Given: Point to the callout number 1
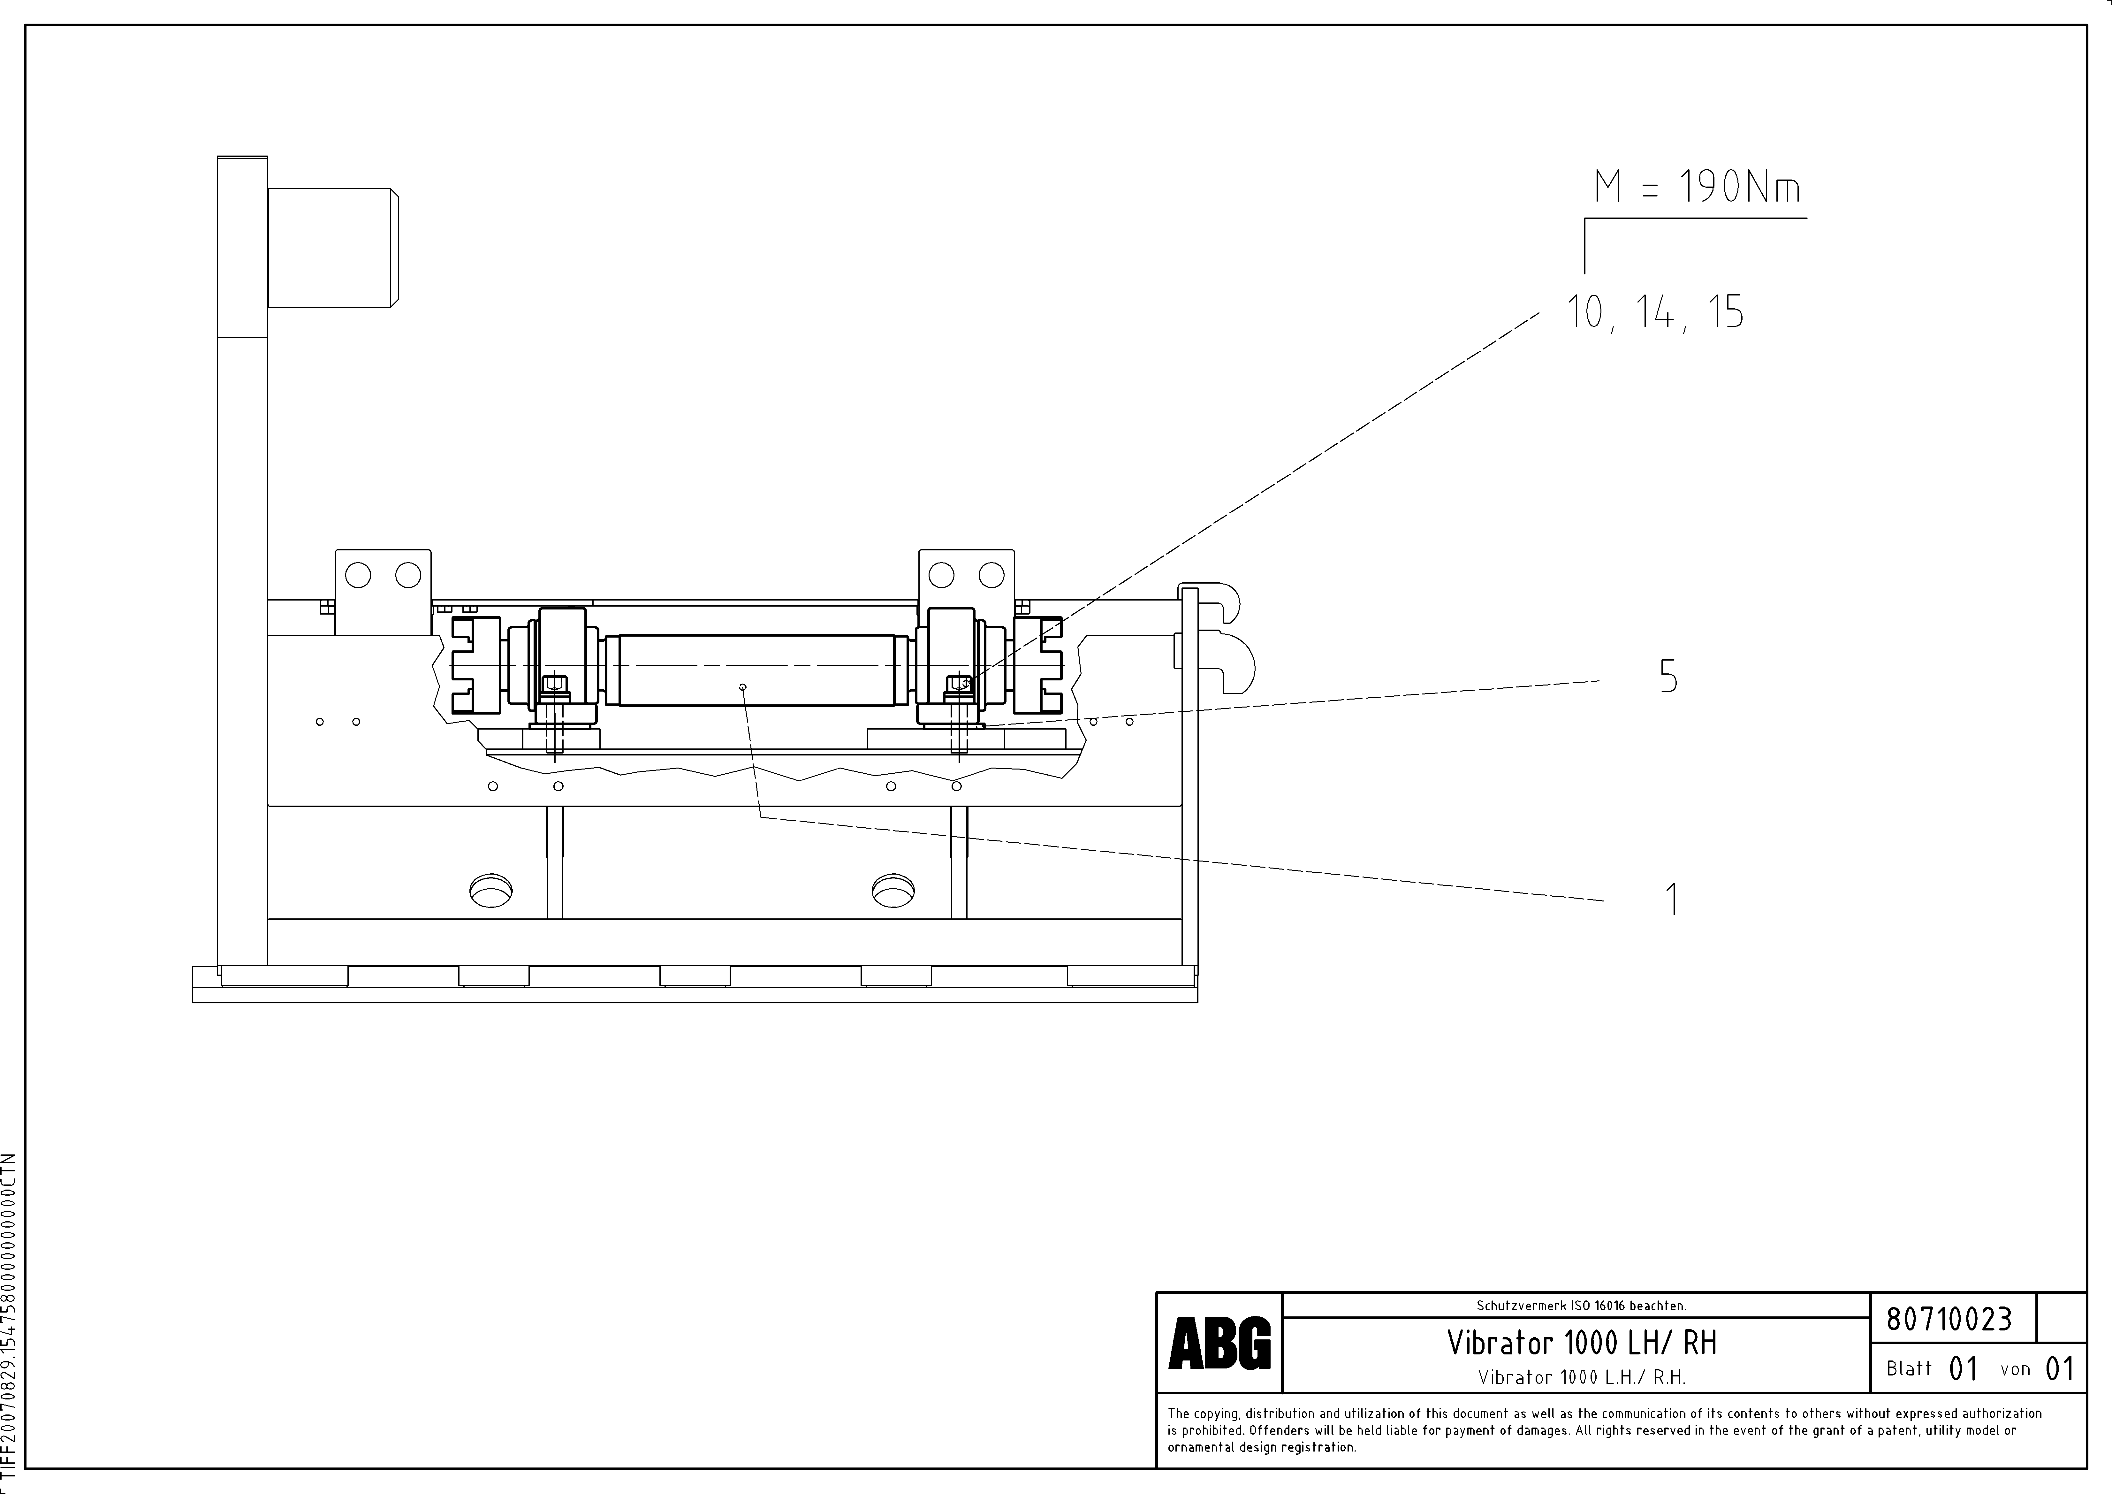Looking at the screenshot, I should point(1672,899).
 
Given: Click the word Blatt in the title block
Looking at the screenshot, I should point(1909,1369).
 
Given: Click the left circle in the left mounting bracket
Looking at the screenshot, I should point(358,576).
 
